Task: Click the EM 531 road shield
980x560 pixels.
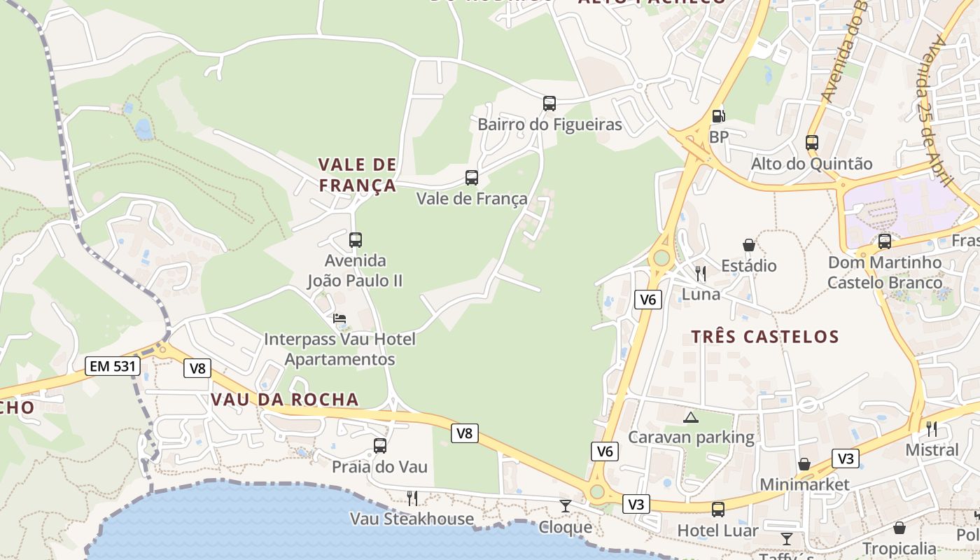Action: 113,365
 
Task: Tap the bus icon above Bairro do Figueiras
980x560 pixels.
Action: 549,104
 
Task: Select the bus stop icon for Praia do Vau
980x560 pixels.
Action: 380,446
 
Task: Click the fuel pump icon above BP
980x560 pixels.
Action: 718,116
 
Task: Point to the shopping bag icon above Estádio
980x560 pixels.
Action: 749,245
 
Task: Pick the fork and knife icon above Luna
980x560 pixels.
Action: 701,273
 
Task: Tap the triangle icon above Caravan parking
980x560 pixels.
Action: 691,418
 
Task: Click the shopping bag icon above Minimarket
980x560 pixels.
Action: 804,464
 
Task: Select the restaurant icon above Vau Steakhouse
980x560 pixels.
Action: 412,498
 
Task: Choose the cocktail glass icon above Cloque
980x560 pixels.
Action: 566,505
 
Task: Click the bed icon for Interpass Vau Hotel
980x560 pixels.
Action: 339,318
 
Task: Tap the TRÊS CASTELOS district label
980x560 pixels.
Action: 765,337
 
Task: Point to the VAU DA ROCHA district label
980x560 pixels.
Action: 285,400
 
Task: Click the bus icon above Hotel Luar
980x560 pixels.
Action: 718,510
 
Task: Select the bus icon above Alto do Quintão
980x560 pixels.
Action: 812,143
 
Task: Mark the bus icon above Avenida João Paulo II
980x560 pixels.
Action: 356,240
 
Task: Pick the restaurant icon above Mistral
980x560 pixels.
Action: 932,428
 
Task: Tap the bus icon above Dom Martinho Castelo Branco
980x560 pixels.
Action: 885,241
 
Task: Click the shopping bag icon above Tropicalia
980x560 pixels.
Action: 899,527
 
